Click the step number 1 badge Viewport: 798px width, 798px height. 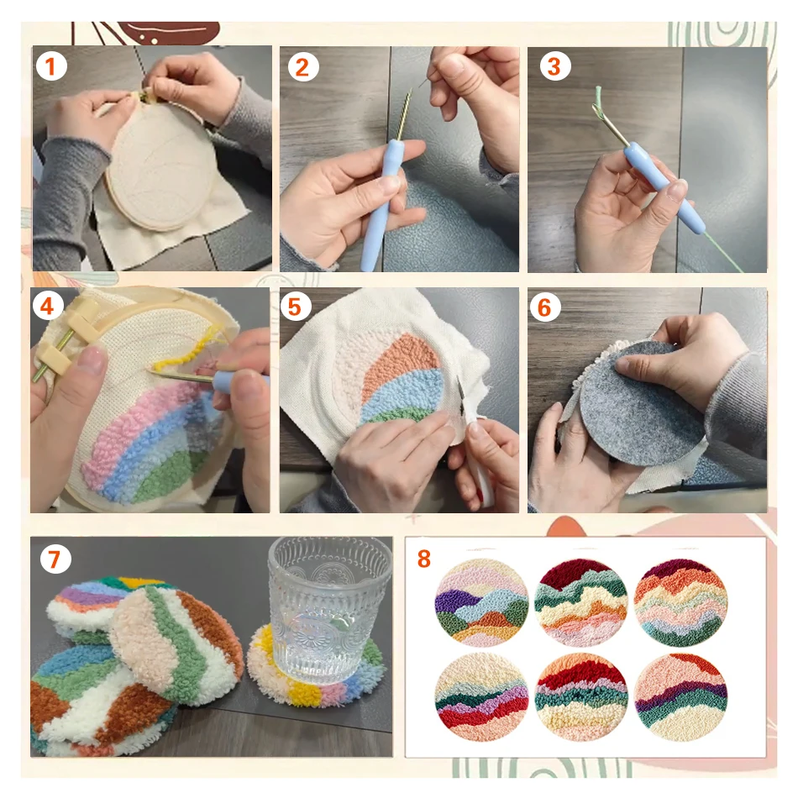coord(50,66)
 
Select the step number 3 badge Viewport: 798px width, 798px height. coord(553,66)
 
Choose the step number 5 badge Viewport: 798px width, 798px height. coord(294,307)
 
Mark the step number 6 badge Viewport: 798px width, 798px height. coord(544,307)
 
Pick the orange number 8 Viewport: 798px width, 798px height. coord(425,559)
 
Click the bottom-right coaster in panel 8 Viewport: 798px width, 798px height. coord(681,696)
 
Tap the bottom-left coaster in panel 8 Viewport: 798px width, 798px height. coord(481,696)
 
